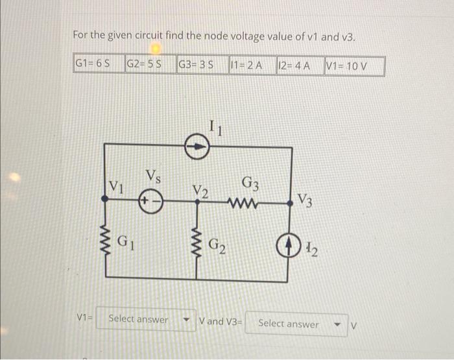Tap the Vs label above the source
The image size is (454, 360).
[x=154, y=174]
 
